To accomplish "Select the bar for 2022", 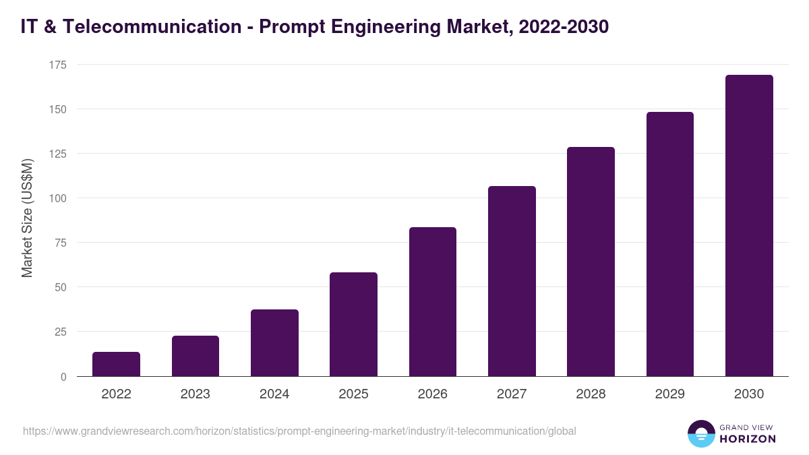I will click(x=116, y=364).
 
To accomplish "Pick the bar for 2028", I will click(x=591, y=262).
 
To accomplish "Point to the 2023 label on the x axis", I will click(x=196, y=394).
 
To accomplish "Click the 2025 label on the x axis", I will click(x=353, y=394).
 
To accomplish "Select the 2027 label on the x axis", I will click(x=512, y=394).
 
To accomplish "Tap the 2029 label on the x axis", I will click(x=670, y=394).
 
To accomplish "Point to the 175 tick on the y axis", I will click(x=58, y=65).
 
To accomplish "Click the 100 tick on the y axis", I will click(x=58, y=198).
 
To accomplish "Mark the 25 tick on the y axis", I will click(x=61, y=332).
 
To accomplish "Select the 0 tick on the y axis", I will click(x=63, y=377).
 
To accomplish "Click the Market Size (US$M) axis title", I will click(x=27, y=218).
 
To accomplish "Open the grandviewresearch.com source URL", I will click(x=299, y=431).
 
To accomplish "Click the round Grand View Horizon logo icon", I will click(x=700, y=433).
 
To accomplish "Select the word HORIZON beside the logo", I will click(x=747, y=439).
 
